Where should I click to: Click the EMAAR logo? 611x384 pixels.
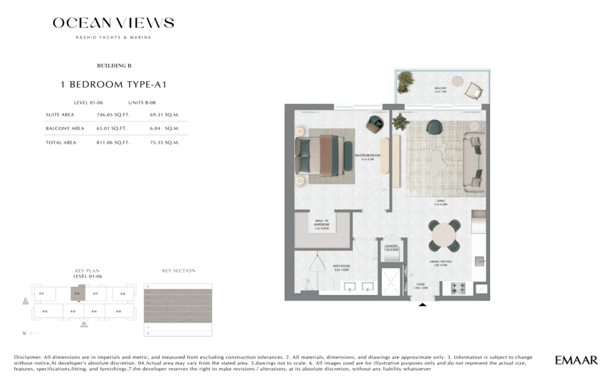pos(576,360)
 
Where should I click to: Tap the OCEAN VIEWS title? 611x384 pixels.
pos(113,23)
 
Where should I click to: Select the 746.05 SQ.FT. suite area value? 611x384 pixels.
pos(112,114)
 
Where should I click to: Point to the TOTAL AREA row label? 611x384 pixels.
pos(61,143)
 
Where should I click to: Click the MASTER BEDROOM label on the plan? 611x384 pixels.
pos(367,157)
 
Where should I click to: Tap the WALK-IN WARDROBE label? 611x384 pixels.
pos(322,225)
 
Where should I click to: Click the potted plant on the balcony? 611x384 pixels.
pos(406,81)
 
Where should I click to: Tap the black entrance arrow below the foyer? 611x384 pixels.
pos(423,305)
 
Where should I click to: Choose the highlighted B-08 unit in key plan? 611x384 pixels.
pos(76,294)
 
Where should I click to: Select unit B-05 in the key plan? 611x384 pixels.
pos(118,311)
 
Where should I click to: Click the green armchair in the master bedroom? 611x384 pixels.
pos(376,123)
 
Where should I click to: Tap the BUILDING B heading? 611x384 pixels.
pos(113,66)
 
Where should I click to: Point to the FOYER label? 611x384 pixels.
pos(421,286)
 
